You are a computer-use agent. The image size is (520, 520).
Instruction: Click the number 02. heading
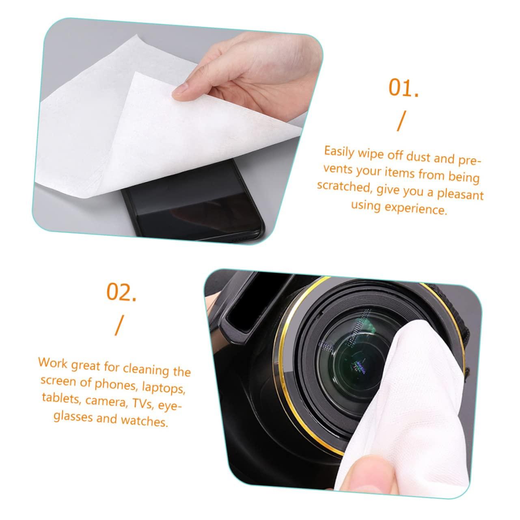(121, 292)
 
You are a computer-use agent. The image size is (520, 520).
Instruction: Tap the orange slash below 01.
(401, 122)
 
